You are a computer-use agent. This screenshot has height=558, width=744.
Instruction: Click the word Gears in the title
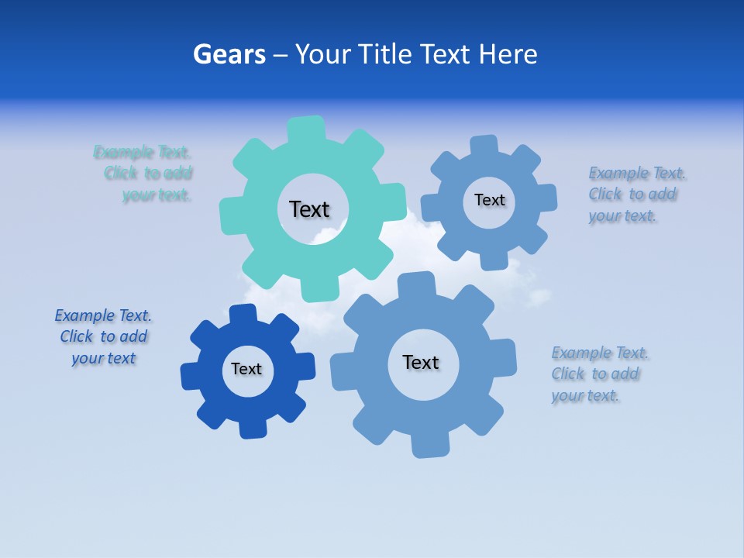click(x=229, y=54)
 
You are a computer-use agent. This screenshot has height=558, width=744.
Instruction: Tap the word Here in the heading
click(x=508, y=54)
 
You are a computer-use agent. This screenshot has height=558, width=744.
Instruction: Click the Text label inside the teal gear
click(x=309, y=209)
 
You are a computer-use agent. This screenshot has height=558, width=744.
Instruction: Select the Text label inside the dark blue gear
click(x=246, y=369)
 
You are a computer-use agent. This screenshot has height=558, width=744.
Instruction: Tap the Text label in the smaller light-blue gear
click(x=489, y=200)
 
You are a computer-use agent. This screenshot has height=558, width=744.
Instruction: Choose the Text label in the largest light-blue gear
click(x=421, y=362)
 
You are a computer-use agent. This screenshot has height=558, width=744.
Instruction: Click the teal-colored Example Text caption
click(x=143, y=173)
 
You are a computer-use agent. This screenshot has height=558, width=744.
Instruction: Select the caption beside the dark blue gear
click(x=103, y=336)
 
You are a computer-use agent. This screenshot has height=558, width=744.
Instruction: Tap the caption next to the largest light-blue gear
click(x=596, y=374)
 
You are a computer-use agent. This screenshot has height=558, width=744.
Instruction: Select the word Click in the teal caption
click(x=121, y=173)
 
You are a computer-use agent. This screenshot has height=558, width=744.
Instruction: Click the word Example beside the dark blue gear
click(x=84, y=315)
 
